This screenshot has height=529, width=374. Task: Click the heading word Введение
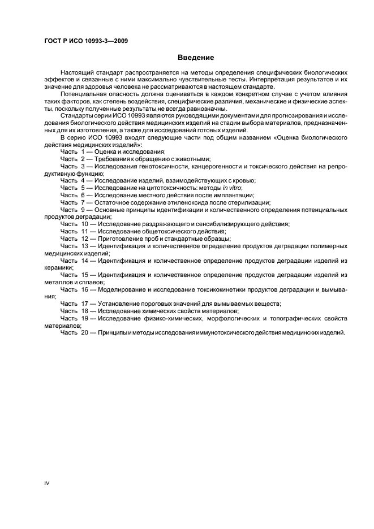195,58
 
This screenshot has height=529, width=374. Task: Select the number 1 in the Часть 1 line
83,151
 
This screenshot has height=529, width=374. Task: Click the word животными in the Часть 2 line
188,159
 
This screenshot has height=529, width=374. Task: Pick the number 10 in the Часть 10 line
85,224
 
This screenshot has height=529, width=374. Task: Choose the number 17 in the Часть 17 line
85,304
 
